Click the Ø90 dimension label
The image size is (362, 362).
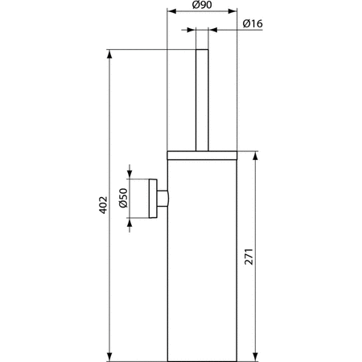coord(202,5)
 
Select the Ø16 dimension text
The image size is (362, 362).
coord(253,23)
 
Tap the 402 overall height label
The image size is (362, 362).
coord(103,205)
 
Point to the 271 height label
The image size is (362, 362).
coord(249,257)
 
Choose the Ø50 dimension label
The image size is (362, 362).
coord(123,198)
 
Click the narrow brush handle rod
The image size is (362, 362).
coord(202,101)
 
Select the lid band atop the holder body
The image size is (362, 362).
coord(202,155)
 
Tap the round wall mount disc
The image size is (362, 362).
coord(153,199)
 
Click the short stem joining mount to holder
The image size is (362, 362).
coord(163,199)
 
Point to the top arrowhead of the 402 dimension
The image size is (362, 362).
coord(109,54)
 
